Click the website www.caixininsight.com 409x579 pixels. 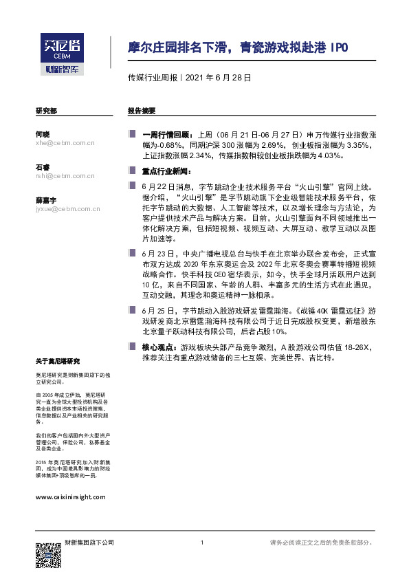(x=70, y=496)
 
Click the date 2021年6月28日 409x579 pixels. (x=218, y=78)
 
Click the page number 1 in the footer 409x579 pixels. (x=201, y=543)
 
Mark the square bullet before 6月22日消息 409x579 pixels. (x=131, y=186)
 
